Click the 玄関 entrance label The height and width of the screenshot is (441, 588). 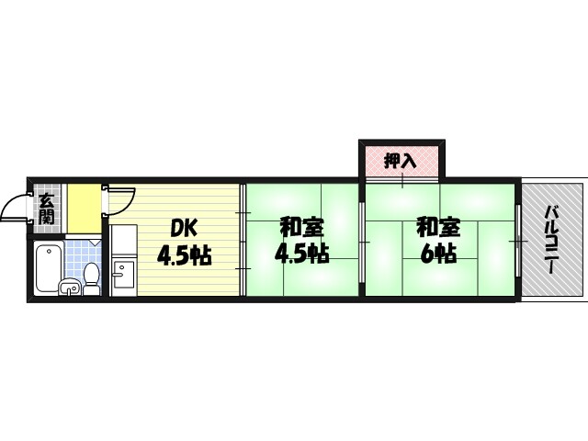pyautogui.click(x=46, y=209)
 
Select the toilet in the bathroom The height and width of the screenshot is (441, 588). pyautogui.click(x=91, y=275)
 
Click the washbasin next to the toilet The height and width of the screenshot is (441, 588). pyautogui.click(x=69, y=288)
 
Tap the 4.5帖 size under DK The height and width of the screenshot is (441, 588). pyautogui.click(x=185, y=255)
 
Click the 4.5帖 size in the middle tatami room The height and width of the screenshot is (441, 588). pyautogui.click(x=301, y=254)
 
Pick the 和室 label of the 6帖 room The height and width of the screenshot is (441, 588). pyautogui.click(x=437, y=226)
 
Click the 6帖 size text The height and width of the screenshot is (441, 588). pyautogui.click(x=438, y=254)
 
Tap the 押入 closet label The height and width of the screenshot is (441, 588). pyautogui.click(x=400, y=160)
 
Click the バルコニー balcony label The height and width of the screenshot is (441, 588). pyautogui.click(x=552, y=240)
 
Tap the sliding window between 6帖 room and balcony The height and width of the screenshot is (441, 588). pyautogui.click(x=519, y=241)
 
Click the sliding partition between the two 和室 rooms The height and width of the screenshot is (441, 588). pyautogui.click(x=362, y=241)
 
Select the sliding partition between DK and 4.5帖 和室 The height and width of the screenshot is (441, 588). pyautogui.click(x=243, y=240)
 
